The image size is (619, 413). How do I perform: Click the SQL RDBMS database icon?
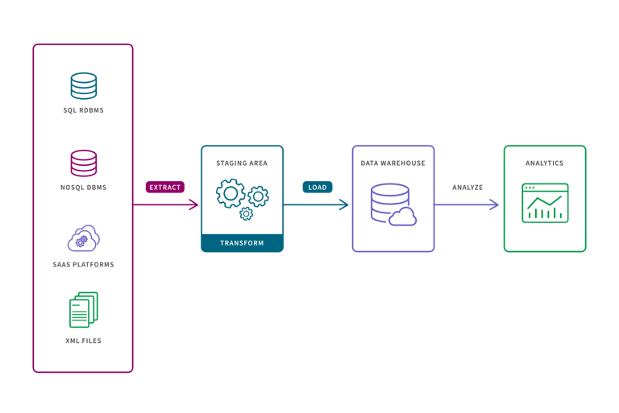pyautogui.click(x=83, y=85)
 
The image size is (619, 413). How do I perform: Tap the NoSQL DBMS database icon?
pyautogui.click(x=83, y=163)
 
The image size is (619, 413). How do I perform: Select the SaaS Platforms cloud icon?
pyautogui.click(x=83, y=239)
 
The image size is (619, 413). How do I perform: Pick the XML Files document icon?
pyautogui.click(x=82, y=310)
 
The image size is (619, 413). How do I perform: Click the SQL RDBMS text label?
pyautogui.click(x=83, y=110)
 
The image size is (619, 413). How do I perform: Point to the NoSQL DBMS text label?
pyautogui.click(x=83, y=188)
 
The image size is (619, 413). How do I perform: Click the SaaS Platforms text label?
pyautogui.click(x=83, y=264)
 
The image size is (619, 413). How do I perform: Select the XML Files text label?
pyautogui.click(x=83, y=341)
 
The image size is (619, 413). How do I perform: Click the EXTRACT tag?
pyautogui.click(x=165, y=187)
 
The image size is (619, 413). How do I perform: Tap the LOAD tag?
pyautogui.click(x=318, y=187)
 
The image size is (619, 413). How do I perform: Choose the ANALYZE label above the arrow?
pyautogui.click(x=467, y=187)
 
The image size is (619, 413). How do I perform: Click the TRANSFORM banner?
pyautogui.click(x=242, y=242)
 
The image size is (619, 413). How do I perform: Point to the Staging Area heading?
pyautogui.click(x=242, y=163)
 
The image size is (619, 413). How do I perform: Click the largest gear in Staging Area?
pyautogui.click(x=231, y=194)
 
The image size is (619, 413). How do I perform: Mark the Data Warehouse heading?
pyautogui.click(x=393, y=163)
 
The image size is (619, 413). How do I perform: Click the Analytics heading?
pyautogui.click(x=544, y=163)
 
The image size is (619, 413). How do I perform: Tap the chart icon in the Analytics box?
pyautogui.click(x=545, y=203)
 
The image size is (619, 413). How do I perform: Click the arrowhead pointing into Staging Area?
pyautogui.click(x=194, y=204)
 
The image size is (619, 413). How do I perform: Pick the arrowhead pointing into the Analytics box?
pyautogui.click(x=494, y=204)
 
